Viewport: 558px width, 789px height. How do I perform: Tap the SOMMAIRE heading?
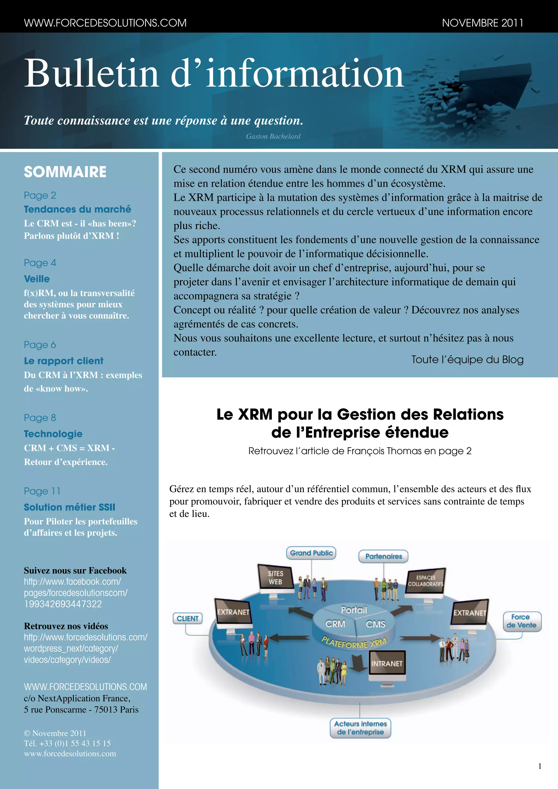click(x=65, y=172)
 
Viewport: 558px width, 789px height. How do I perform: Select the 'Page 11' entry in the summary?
click(x=42, y=491)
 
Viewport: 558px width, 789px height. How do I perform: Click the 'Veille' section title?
click(x=37, y=279)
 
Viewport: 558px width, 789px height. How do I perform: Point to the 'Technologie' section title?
click(x=53, y=434)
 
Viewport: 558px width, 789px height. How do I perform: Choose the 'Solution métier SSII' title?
click(x=69, y=507)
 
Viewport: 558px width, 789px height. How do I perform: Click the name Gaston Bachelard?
click(x=273, y=136)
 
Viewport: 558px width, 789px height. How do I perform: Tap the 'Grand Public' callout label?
click(x=311, y=553)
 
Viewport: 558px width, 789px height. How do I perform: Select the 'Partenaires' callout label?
click(x=383, y=556)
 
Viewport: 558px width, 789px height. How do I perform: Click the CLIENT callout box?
click(x=188, y=618)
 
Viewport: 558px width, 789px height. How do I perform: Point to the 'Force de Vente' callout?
click(x=521, y=621)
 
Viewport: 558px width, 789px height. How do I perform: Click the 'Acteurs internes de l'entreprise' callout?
click(x=360, y=728)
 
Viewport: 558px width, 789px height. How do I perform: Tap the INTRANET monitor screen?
click(x=387, y=664)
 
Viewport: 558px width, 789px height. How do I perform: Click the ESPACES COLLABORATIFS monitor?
click(x=425, y=581)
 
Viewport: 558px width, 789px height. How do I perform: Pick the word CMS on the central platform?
click(x=375, y=624)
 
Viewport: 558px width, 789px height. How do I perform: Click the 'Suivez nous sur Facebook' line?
click(x=75, y=570)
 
